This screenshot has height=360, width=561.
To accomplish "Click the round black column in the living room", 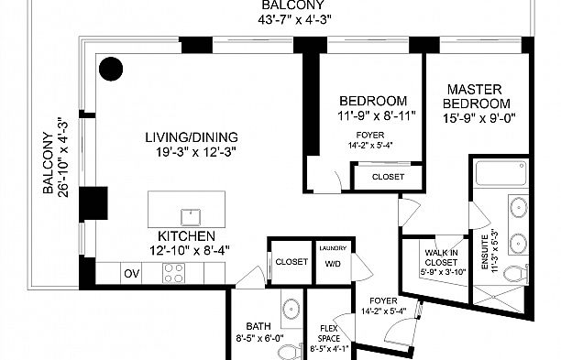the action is click(x=111, y=69).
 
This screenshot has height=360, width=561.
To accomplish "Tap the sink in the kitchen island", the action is click(x=191, y=217).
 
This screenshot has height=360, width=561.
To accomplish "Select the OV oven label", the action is click(x=132, y=274).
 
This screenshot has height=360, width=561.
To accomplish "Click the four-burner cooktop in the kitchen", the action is click(x=174, y=274).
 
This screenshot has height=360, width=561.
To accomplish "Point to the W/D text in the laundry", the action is click(x=333, y=264).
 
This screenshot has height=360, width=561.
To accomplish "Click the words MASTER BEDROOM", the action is click(x=477, y=96).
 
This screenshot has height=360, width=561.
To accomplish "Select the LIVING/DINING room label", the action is click(x=192, y=137).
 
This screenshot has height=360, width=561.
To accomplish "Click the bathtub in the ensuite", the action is click(x=500, y=173).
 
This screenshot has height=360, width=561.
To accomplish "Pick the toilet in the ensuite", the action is click(x=515, y=274).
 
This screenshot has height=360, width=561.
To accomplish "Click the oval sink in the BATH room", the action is click(x=291, y=309).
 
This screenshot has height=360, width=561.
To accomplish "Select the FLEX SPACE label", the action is click(x=329, y=333).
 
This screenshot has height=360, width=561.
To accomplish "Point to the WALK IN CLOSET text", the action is click(x=441, y=257).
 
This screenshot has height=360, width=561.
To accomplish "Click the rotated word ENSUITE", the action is click(x=485, y=252).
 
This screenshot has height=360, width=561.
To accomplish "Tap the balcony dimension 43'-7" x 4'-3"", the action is click(x=294, y=19).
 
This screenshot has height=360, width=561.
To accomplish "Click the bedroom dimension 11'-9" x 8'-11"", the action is click(x=377, y=115).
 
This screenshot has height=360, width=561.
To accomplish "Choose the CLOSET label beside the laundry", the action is click(x=291, y=262).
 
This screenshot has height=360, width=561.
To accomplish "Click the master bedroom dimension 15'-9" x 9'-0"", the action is click(x=479, y=118).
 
